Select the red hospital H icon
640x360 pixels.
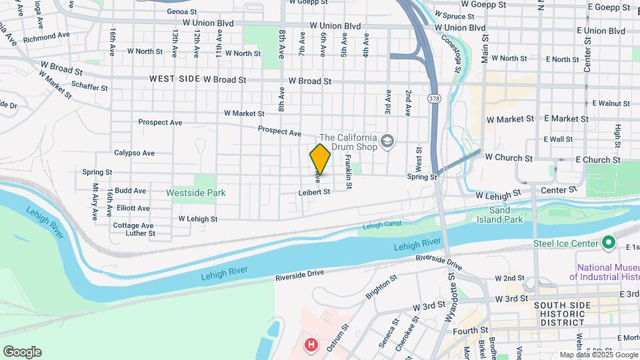coord(311,345)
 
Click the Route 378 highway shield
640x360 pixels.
coord(434,99)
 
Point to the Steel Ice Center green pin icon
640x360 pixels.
coord(608,243)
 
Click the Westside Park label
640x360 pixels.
coord(196,193)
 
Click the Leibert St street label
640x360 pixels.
coord(314,192)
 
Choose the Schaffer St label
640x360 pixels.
coord(89,87)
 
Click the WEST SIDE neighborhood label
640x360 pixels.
coord(175,79)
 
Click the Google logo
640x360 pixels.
coord(22,352)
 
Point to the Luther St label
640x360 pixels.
coord(141,233)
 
